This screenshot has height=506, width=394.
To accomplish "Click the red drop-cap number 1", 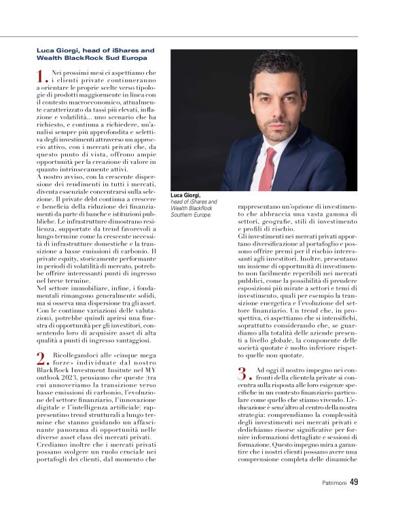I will point(41,76).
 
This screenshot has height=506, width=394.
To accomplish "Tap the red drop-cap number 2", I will point(42,360).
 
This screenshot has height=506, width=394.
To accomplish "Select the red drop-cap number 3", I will point(243,373).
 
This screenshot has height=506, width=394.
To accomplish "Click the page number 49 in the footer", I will point(354,482).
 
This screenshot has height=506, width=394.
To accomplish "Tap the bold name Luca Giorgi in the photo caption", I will point(185,196).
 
